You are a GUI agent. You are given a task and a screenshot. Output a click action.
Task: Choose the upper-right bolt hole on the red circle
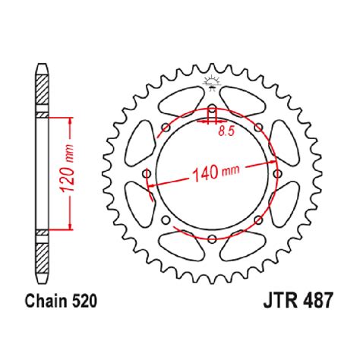pyautogui.click(x=257, y=127)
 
